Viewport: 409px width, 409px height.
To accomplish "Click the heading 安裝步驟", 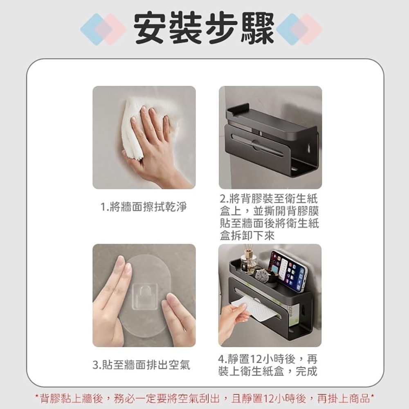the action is pyautogui.click(x=204, y=29).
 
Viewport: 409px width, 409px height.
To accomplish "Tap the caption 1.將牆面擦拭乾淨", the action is pyautogui.click(x=144, y=207).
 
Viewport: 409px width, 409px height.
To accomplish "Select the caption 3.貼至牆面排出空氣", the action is pyautogui.click(x=142, y=365).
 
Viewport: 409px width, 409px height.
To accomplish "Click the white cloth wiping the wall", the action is pyautogui.click(x=136, y=125).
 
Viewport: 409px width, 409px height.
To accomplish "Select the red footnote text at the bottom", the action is pyautogui.click(x=204, y=399).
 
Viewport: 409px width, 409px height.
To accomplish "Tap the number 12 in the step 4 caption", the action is pyautogui.click(x=256, y=360).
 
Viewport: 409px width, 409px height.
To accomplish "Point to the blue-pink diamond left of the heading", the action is pyautogui.click(x=103, y=29).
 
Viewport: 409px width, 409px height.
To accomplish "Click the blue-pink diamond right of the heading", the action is pyautogui.click(x=299, y=29).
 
